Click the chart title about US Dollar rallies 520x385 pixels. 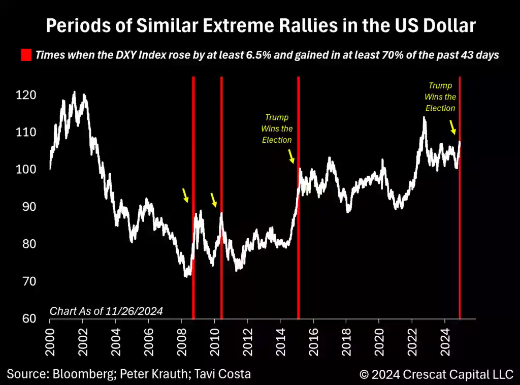[261, 25]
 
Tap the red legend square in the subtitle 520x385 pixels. [25, 55]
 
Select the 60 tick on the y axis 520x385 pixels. [29, 318]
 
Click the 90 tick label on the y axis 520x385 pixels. [29, 207]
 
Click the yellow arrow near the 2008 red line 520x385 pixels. [186, 195]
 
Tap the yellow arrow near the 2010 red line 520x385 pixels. [214, 200]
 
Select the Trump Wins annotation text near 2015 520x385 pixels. [277, 129]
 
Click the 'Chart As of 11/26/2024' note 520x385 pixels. [106, 311]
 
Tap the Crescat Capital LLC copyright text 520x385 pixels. [436, 375]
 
